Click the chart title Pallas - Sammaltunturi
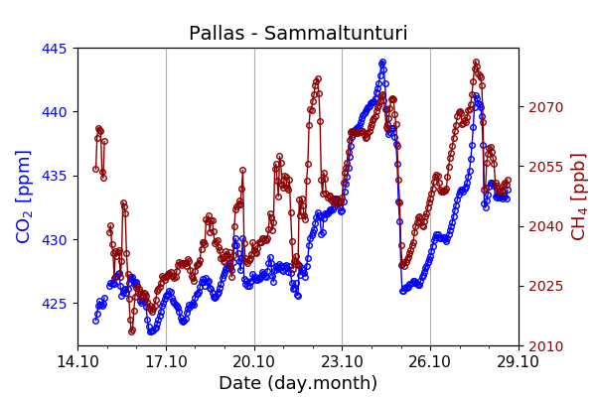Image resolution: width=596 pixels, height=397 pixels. coord(298,34)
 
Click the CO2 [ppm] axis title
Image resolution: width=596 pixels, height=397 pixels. coord(24,197)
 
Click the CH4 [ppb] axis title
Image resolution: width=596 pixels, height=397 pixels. coord(579,197)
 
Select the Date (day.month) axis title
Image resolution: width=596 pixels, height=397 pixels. coord(298,383)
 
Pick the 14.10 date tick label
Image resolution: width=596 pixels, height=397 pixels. coord(77,361)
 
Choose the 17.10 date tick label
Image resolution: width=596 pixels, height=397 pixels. coord(166,361)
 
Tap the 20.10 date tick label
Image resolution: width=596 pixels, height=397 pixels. coord(254,361)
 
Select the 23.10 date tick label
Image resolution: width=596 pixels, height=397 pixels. coord(342,361)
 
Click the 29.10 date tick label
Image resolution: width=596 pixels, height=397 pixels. coord(519,361)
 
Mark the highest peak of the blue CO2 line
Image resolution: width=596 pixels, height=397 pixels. coord(382,63)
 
